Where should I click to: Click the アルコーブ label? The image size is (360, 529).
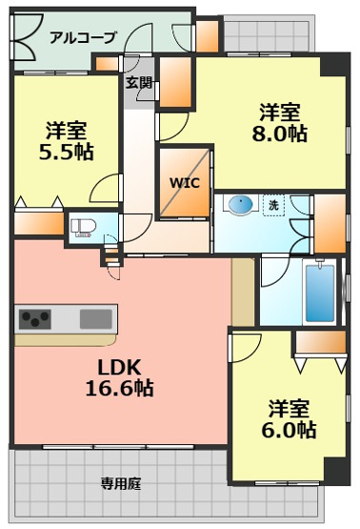coord(83,37)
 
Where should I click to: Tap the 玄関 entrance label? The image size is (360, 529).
coord(139,82)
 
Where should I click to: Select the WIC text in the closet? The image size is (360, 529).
coord(185,183)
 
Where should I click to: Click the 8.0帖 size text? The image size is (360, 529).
coord(279,133)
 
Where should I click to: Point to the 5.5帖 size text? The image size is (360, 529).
coord(67,153)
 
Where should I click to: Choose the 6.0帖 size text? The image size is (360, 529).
coord(289,430)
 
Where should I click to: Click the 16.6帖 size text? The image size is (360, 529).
coord(120,388)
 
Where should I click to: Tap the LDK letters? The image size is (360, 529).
coord(119,367)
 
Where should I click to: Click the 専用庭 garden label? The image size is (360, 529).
coord(121,484)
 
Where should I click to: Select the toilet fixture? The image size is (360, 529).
coord(83,228)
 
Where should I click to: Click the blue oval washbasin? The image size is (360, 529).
coord(240,204)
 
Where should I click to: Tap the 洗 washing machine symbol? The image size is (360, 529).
coord(273,205)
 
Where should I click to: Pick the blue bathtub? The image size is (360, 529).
coord(320,293)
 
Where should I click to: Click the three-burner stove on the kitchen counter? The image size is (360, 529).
coord(34,318)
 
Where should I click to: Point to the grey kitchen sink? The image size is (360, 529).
coord(96,318)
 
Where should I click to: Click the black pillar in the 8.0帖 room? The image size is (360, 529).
coord(333,65)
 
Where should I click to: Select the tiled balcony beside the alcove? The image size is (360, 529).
coord(269,32)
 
